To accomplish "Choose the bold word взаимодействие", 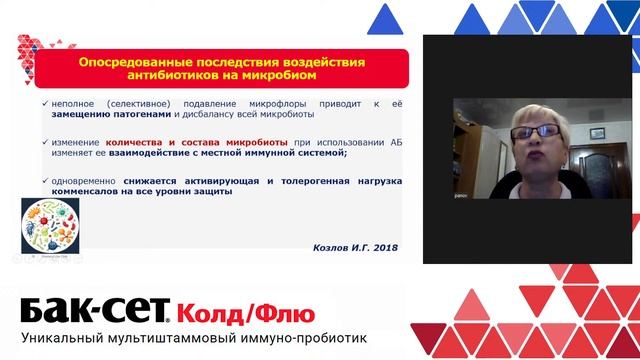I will point(175,155).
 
